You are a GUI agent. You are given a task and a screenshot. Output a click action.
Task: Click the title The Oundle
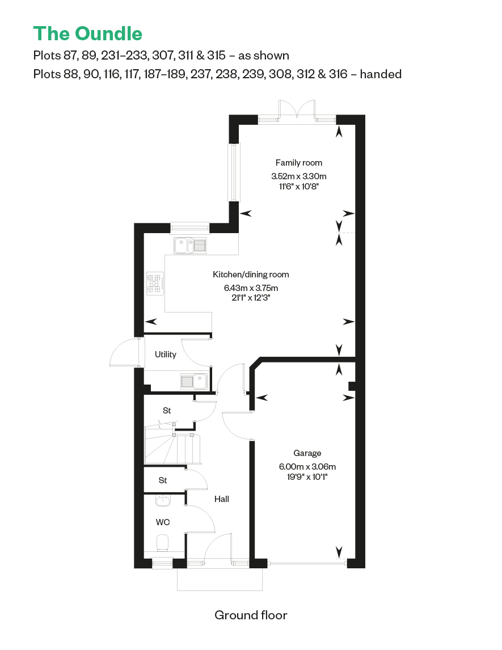88,33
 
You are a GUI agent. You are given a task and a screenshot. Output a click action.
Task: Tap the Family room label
299,163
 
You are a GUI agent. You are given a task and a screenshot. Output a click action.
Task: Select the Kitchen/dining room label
251,275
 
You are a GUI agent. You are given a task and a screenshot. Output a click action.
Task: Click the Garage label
307,453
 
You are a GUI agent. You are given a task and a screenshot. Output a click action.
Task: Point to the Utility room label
166,354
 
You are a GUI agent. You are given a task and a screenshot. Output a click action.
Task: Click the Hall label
222,499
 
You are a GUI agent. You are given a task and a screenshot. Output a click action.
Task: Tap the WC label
163,522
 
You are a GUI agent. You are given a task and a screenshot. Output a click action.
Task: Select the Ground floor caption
251,615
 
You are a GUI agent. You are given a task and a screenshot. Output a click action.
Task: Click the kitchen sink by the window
190,246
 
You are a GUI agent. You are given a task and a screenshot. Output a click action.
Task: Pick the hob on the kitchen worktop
155,284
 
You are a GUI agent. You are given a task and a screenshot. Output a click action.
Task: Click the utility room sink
194,381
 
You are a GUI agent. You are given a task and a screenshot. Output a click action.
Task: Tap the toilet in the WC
163,543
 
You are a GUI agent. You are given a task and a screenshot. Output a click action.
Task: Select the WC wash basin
163,501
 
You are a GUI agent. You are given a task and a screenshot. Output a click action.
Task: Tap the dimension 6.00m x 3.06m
307,467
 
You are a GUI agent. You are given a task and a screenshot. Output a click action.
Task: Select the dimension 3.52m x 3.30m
299,176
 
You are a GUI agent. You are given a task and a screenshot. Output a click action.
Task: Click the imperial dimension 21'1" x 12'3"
251,298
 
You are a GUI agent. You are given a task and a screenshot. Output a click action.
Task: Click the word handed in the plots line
381,74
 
